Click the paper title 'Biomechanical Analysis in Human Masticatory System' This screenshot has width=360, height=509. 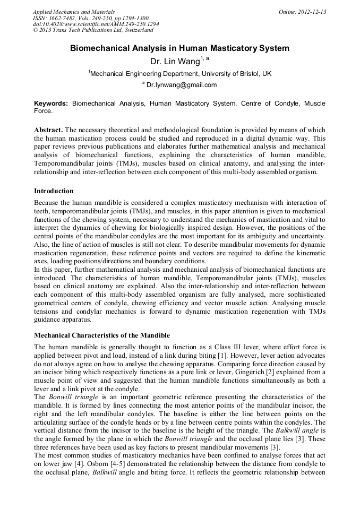coord(179,48)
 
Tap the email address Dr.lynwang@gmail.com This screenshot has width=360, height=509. coord(182,85)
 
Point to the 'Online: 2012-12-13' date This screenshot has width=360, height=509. coord(302,12)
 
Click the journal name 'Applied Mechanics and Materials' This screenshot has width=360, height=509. coord(74,12)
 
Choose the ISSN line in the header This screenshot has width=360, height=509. coord(91,18)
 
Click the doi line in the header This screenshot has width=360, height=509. coord(96,24)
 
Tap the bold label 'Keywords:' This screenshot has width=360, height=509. coord(51,103)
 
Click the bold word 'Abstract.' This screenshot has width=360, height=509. coord(48,130)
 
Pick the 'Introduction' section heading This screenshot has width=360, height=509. coord(54,191)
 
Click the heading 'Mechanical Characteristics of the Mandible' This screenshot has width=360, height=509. coord(102,335)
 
